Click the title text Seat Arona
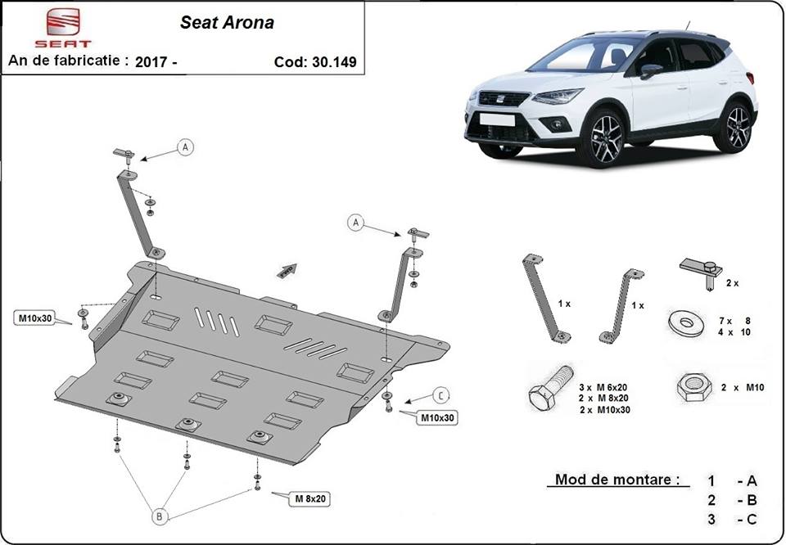(x=227, y=23)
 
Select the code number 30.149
(x=333, y=61)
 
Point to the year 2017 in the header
(x=150, y=61)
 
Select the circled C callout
(x=440, y=395)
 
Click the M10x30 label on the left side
(x=34, y=318)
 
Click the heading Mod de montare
(x=617, y=480)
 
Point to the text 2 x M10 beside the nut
(x=743, y=387)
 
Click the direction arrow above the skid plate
(x=286, y=271)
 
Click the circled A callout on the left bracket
(x=185, y=147)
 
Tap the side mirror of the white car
(x=650, y=70)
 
